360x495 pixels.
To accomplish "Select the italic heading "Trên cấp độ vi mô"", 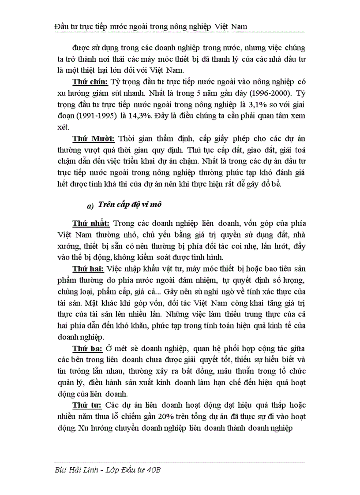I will pyautogui.click(x=131, y=205).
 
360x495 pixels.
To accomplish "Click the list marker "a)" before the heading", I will pyautogui.click(x=90, y=206).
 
